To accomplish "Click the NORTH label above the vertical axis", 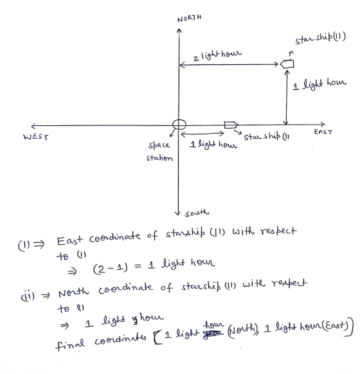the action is [190, 19].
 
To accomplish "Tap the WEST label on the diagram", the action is [36, 137].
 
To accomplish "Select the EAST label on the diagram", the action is [323, 132].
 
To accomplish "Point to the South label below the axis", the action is [197, 213].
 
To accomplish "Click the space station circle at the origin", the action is [179, 125].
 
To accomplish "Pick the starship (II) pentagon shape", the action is [287, 64].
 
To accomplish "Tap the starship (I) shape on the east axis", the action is [231, 125].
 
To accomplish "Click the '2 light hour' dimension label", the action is [217, 55].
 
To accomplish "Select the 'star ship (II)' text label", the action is [320, 38].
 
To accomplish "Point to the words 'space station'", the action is [159, 152].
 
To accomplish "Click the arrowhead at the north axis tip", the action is [179, 31].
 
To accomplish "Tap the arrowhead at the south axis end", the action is [177, 213].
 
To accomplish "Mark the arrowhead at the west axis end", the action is [33, 126].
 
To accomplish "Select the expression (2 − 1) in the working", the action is [110, 269].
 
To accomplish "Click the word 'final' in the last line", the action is [70, 344].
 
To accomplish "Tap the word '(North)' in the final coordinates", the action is [243, 330].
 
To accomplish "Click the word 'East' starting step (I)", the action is [69, 241].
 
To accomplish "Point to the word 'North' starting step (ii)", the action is [74, 292].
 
